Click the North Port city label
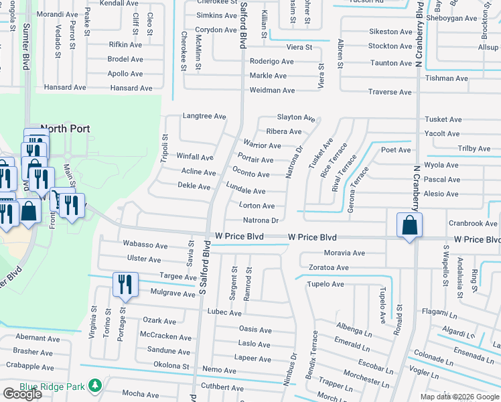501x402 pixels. (x=66, y=129)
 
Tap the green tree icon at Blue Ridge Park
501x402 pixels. (x=95, y=385)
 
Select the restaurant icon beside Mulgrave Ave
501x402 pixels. (x=125, y=285)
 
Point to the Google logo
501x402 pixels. (x=22, y=394)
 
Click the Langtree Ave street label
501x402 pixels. (x=204, y=116)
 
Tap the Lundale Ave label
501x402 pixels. (x=245, y=191)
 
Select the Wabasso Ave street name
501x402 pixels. (x=139, y=243)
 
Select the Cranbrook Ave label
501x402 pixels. (x=473, y=223)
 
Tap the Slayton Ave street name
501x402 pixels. (x=296, y=117)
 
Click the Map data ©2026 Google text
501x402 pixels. (x=459, y=397)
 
